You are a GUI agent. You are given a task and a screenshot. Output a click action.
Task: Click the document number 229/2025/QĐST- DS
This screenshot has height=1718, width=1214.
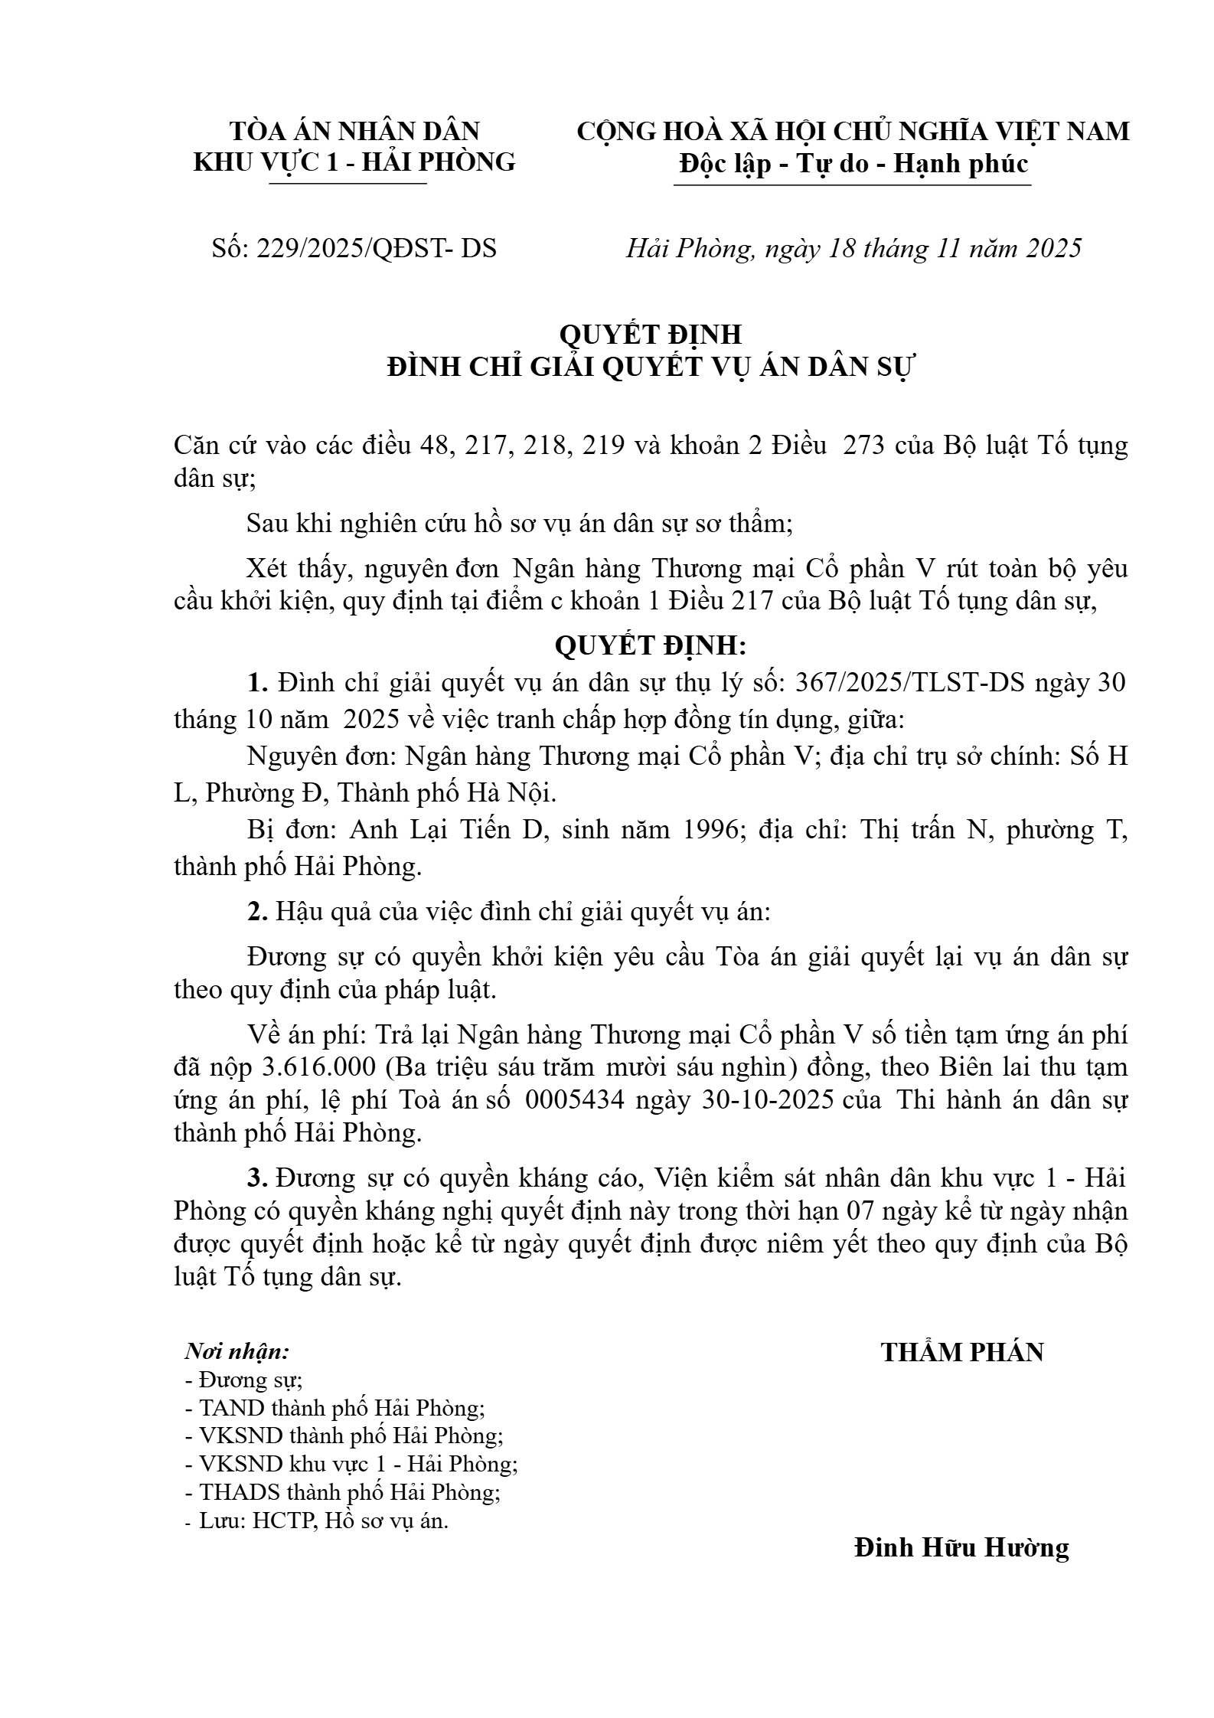coord(377,248)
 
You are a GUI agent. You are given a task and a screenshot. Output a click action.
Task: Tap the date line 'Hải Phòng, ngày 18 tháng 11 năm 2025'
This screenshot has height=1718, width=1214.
coord(853,248)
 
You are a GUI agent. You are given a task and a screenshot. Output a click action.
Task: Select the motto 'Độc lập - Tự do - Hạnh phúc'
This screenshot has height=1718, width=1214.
coord(853,164)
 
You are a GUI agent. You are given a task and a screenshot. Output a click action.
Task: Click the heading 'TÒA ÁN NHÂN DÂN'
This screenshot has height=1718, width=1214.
coord(354,131)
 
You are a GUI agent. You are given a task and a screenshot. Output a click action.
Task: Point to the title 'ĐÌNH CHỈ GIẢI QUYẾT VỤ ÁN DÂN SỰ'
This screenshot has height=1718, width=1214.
coord(651,367)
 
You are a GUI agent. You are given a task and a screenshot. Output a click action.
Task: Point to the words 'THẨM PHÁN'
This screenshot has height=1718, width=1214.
coord(962,1352)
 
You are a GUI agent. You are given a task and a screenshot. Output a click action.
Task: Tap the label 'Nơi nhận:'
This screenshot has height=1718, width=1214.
coord(237,1351)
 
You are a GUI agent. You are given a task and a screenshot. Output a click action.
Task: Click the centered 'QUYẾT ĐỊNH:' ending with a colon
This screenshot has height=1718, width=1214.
coord(651,646)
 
